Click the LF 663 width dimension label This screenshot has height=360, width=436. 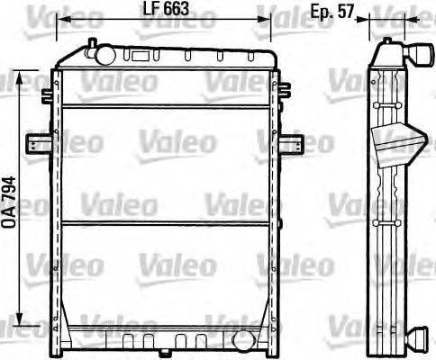pyautogui.click(x=166, y=12)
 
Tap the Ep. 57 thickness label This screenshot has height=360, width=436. pyautogui.click(x=330, y=12)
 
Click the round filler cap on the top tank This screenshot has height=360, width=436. pyautogui.click(x=101, y=55)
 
